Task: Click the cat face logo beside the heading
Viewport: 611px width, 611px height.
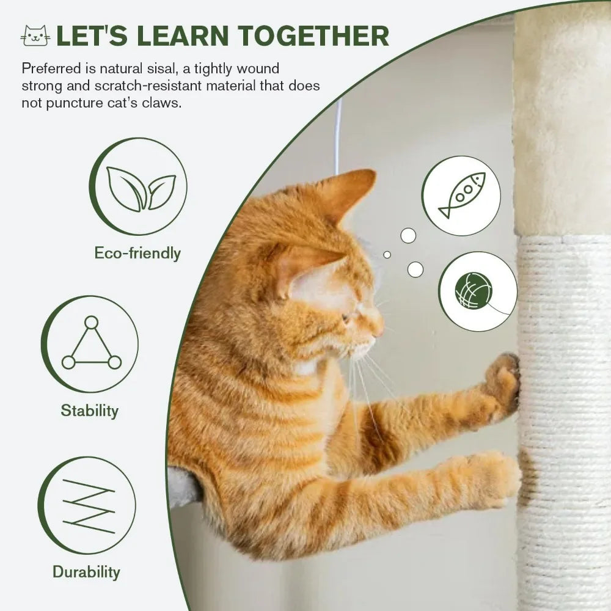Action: pos(35,36)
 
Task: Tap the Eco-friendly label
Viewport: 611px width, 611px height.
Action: pos(137,253)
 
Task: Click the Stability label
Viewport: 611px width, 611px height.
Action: pos(89,410)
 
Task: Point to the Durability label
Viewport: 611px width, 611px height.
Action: pos(86,572)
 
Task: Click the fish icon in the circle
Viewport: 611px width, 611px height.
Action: pos(461,195)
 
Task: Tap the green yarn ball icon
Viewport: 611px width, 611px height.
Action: pos(473,291)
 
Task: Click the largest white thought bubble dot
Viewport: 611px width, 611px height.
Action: pos(415,269)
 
